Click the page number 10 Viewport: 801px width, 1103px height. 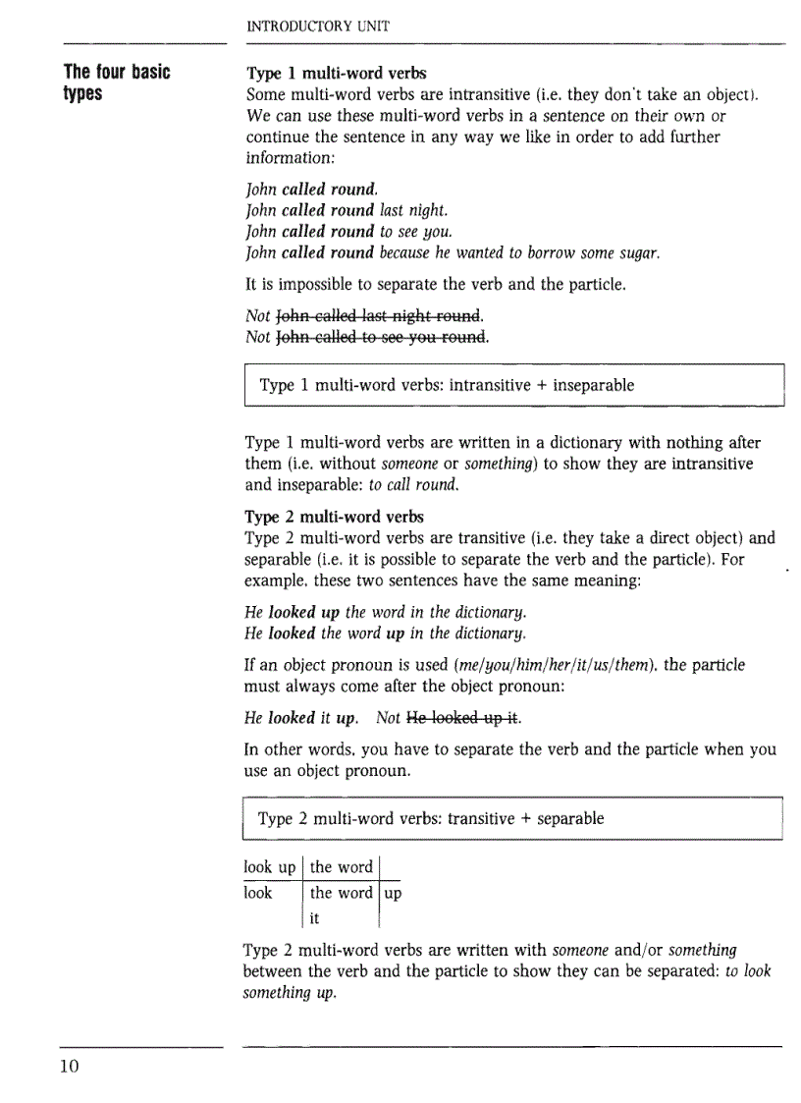[68, 1068]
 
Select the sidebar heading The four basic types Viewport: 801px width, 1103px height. [116, 83]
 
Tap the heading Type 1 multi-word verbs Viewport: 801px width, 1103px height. [336, 74]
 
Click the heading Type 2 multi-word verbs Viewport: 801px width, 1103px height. [334, 517]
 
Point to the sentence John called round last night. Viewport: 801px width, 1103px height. [347, 210]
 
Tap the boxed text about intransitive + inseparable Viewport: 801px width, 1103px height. [446, 385]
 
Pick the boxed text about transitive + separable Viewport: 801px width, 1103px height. [430, 818]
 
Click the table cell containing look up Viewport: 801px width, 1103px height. [270, 867]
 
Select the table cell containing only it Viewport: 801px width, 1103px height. [315, 918]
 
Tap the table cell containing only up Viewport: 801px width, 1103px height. [393, 893]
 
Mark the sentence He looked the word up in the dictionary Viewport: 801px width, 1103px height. [385, 631]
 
